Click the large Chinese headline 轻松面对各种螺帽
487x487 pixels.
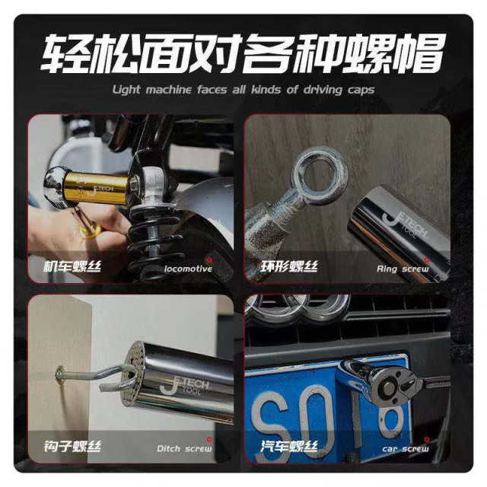coord(243,53)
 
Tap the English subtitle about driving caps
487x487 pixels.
coord(243,90)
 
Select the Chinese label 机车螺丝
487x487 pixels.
coord(73,267)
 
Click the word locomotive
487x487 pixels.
coord(188,269)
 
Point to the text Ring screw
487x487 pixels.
coord(403,269)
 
